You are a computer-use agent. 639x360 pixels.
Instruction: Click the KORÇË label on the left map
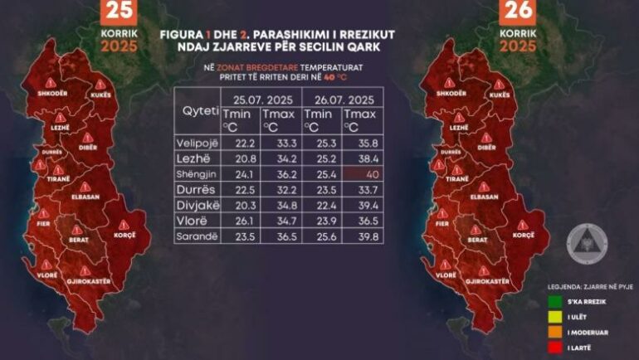pyautogui.click(x=129, y=236)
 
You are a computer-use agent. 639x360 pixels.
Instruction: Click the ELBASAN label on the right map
pyautogui.click(x=484, y=197)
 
